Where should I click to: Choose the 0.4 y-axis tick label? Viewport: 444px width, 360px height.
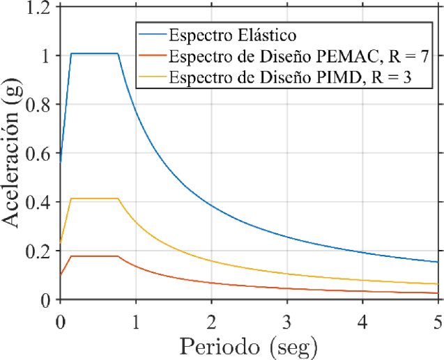coord(40,202)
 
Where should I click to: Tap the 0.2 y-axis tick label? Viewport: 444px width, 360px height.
coord(40,251)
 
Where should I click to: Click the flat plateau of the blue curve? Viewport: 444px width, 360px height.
coord(95,54)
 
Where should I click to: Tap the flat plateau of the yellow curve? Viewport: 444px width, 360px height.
coord(95,198)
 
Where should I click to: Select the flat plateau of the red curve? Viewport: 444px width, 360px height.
coord(95,256)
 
